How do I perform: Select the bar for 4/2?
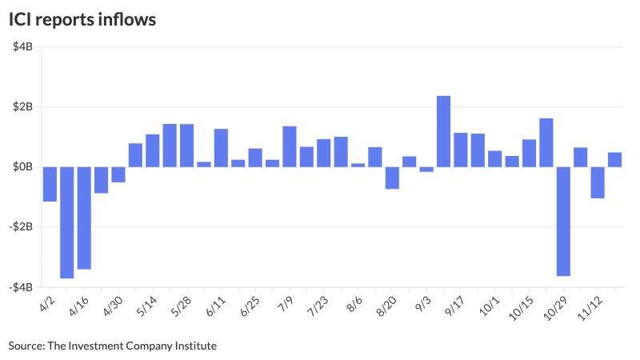pos(50,184)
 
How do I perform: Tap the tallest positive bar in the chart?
pos(443,131)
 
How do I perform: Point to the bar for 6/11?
pos(221,148)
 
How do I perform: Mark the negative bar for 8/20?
pos(392,178)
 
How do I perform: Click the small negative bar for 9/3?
pos(426,169)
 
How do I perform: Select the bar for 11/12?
pos(598,182)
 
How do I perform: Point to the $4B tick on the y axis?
pos(22,47)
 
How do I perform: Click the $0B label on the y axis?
pos(22,167)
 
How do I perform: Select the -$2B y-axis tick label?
pos(20,227)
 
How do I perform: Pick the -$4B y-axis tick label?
pos(20,287)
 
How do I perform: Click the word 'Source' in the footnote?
pos(25,346)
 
